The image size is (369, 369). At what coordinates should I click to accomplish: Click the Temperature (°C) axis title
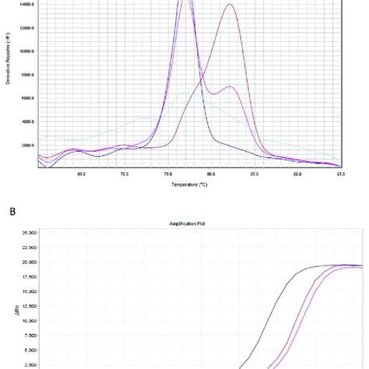pyautogui.click(x=190, y=184)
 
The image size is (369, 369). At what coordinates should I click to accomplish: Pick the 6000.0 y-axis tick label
pyautogui.click(x=27, y=98)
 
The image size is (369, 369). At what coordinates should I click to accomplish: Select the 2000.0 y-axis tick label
pyautogui.click(x=27, y=145)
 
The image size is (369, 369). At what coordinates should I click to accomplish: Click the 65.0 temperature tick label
pyautogui.click(x=81, y=174)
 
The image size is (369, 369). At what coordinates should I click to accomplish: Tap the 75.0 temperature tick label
pyautogui.click(x=167, y=174)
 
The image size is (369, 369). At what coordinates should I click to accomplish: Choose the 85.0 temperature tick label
pyautogui.click(x=254, y=174)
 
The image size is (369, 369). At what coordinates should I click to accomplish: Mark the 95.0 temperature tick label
pyautogui.click(x=340, y=174)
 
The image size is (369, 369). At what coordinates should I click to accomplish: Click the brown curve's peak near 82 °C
pyautogui.click(x=230, y=5)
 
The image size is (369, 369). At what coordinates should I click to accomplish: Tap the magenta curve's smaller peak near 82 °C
pyautogui.click(x=230, y=86)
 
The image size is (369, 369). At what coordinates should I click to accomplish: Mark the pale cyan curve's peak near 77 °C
pyautogui.click(x=185, y=93)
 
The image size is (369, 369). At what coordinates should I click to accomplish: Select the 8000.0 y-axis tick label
pyautogui.click(x=27, y=75)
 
